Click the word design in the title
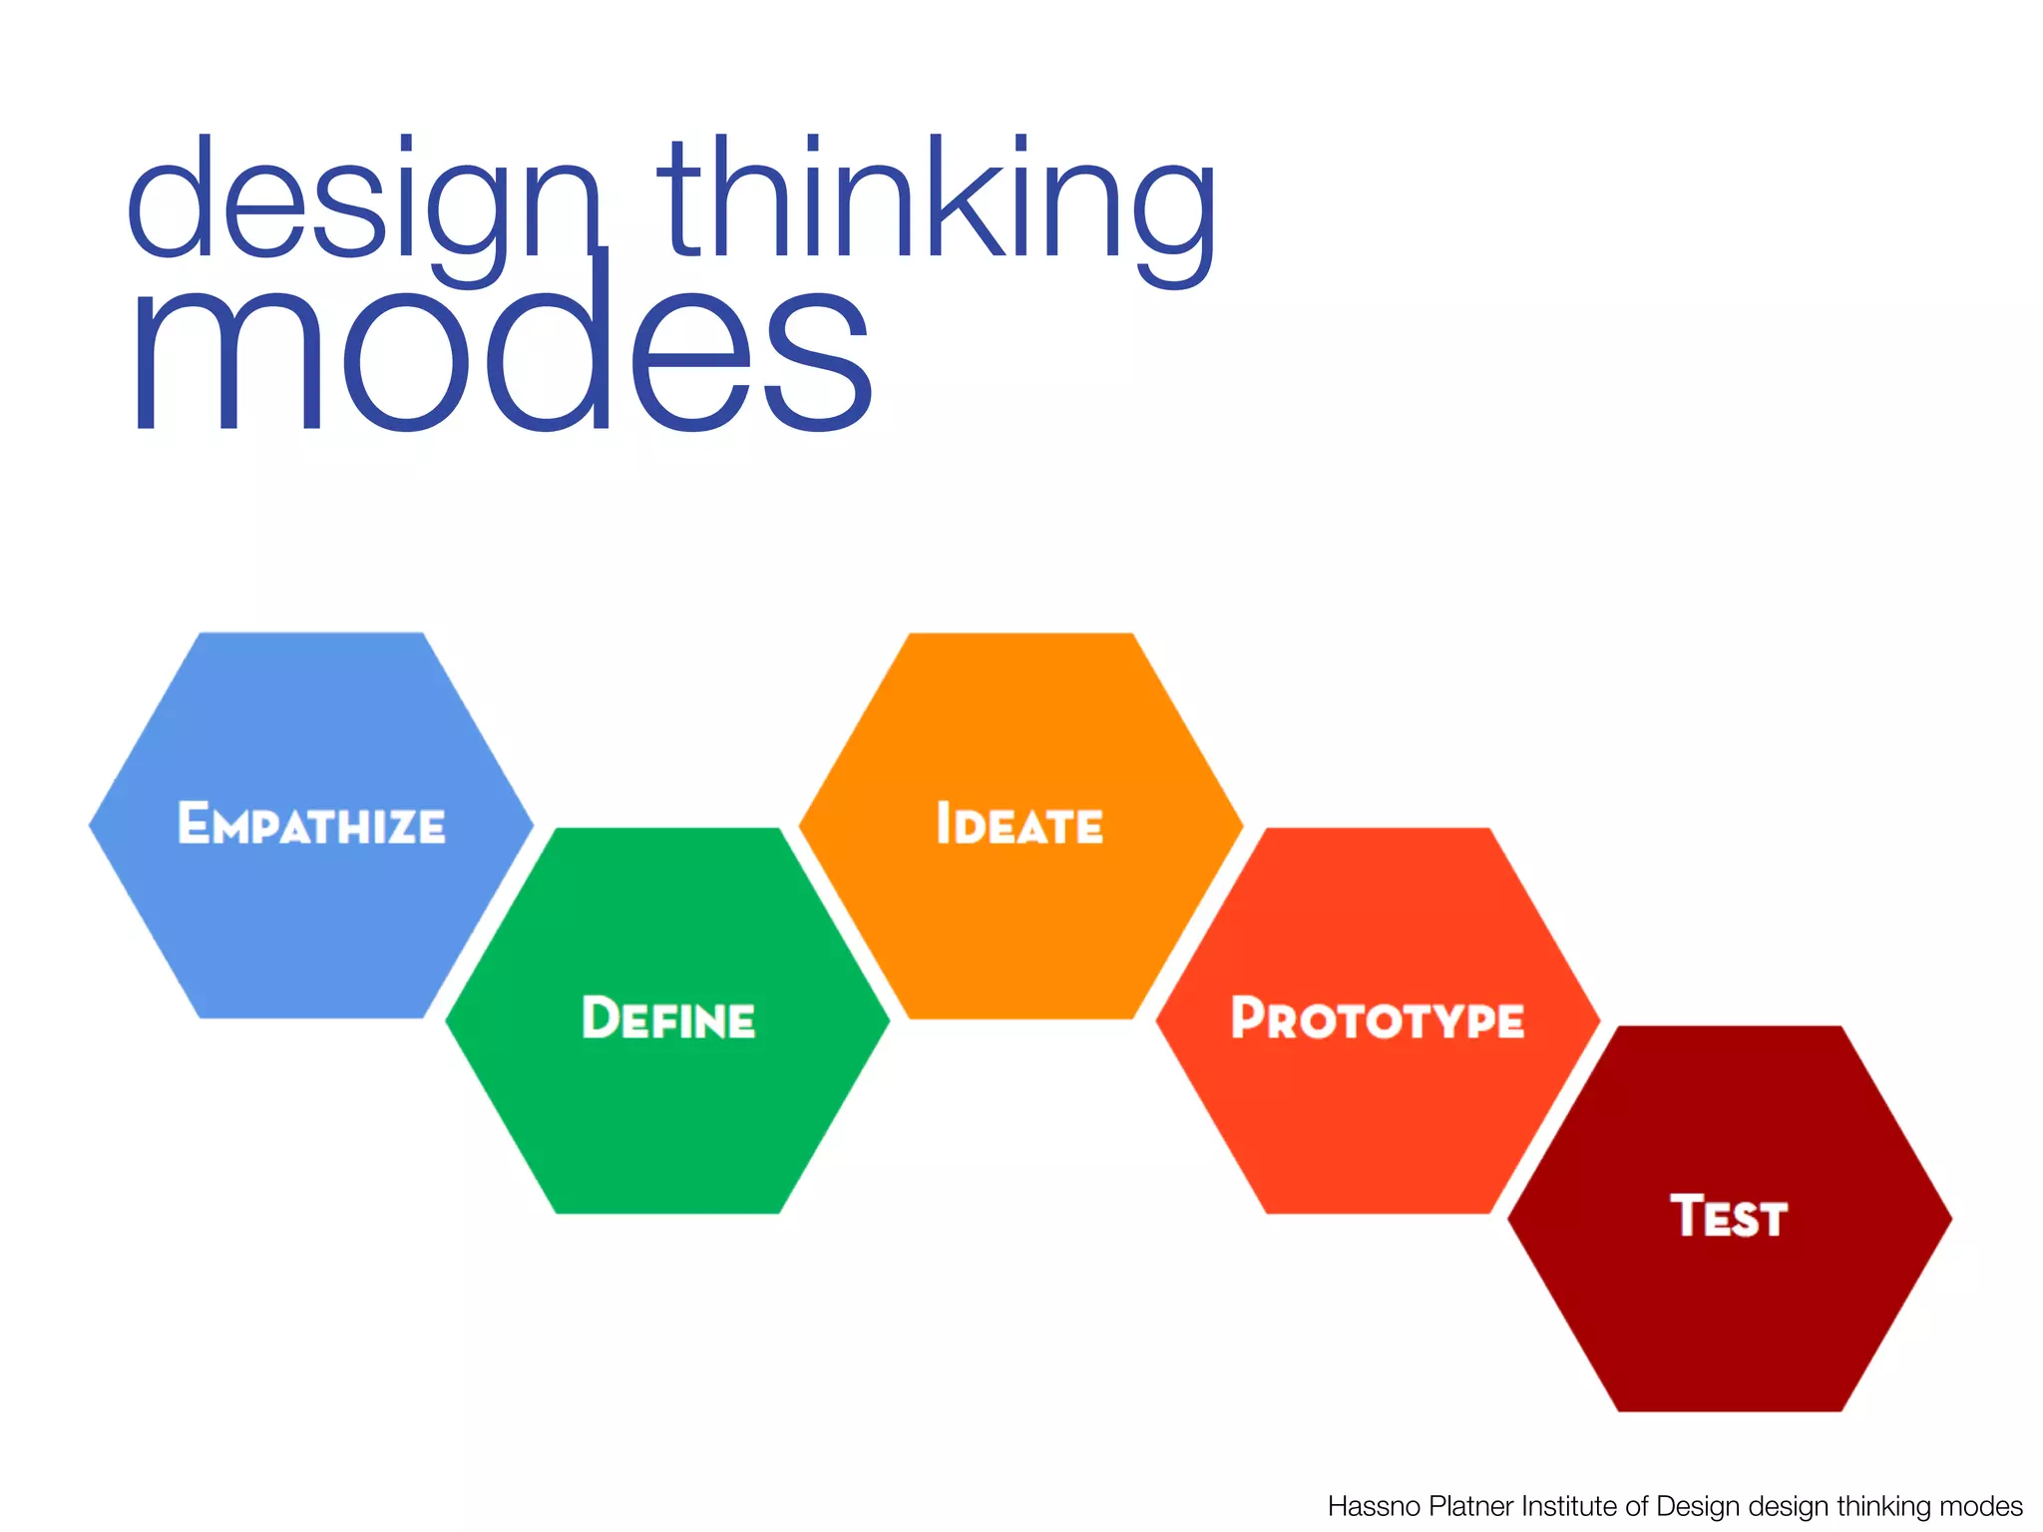click(x=364, y=204)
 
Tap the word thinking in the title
click(x=936, y=204)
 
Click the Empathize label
click(x=311, y=825)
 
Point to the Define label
click(x=668, y=1018)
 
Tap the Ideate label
click(x=1020, y=825)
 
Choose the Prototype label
click(x=1378, y=1018)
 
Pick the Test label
click(x=1729, y=1217)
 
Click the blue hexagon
click(x=311, y=928)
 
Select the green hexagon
click(x=668, y=1117)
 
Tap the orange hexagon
click(x=1020, y=928)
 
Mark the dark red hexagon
click(x=1729, y=1317)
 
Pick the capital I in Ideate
click(x=943, y=824)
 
